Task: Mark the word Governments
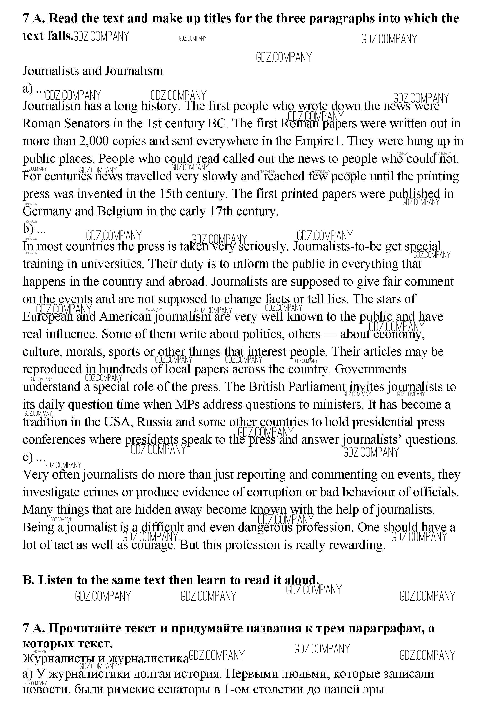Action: point(370,369)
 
